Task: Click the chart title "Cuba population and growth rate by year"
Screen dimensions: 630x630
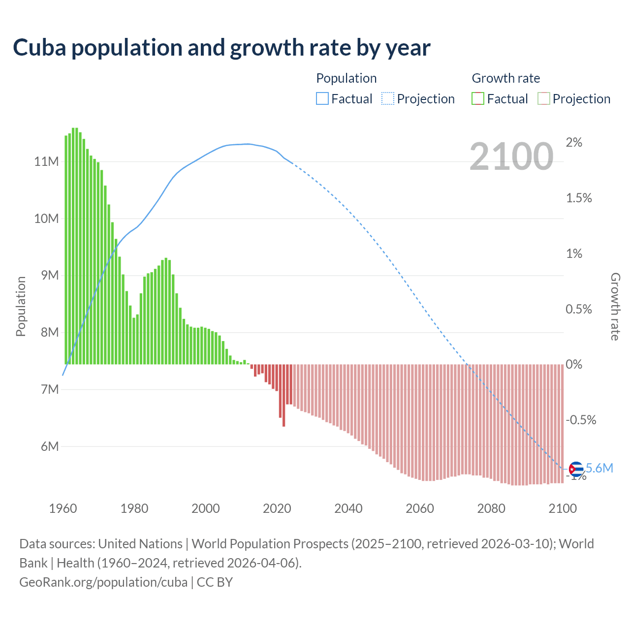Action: coord(221,48)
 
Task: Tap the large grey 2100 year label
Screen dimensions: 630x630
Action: coord(511,157)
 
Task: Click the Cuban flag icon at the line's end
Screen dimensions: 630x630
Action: coord(576,469)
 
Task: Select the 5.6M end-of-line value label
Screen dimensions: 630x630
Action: coord(599,468)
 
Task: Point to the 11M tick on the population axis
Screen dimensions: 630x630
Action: coord(46,161)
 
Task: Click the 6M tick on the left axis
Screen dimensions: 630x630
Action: coord(49,446)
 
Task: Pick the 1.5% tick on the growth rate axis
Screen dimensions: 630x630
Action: coord(579,198)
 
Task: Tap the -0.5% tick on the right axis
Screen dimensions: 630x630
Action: coord(581,420)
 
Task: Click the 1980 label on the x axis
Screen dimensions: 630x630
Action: coord(134,508)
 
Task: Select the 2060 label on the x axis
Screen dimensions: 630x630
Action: coord(419,508)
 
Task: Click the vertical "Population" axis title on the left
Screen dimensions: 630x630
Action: coord(21,306)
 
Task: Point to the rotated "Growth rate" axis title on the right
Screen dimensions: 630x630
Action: coord(615,306)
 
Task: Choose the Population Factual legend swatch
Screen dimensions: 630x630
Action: coord(322,99)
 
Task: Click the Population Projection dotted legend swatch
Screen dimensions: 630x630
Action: coord(387,99)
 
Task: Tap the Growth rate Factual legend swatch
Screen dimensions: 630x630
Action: coord(477,99)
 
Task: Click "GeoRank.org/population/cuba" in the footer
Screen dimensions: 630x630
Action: coord(103,582)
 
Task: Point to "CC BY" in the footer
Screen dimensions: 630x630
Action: coord(215,582)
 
